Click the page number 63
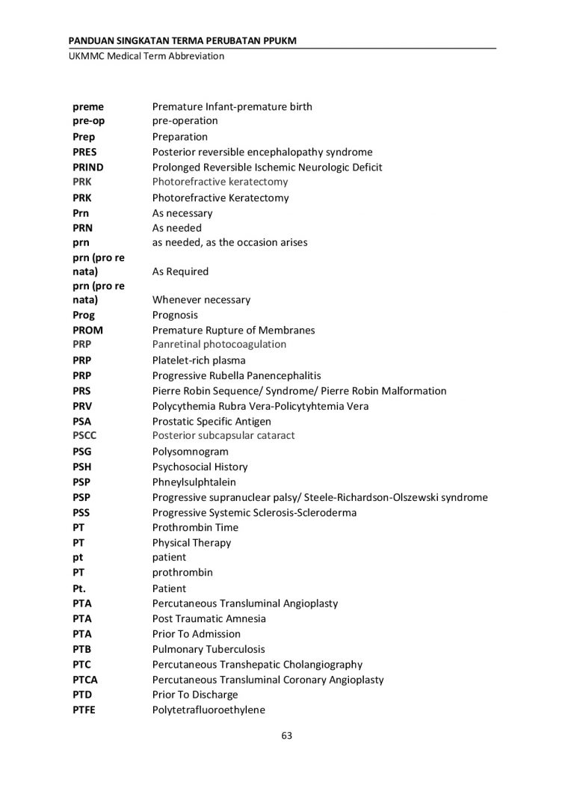(286, 735)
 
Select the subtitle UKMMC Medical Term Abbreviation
(146, 56)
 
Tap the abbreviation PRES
(84, 153)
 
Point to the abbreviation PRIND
(88, 167)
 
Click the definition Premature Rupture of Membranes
(233, 330)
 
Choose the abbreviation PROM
(87, 330)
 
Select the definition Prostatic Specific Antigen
(212, 422)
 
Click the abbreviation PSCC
(84, 436)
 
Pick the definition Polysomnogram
(190, 452)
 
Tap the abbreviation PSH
(81, 467)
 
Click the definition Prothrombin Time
(195, 528)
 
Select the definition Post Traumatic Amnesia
(209, 619)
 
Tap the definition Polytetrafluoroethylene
(209, 710)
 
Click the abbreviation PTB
(82, 650)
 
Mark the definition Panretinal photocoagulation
(219, 345)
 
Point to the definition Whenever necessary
(201, 300)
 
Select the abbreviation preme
(88, 107)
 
